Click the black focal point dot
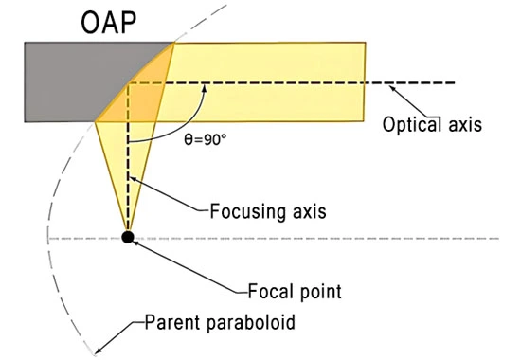coord(128,236)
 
